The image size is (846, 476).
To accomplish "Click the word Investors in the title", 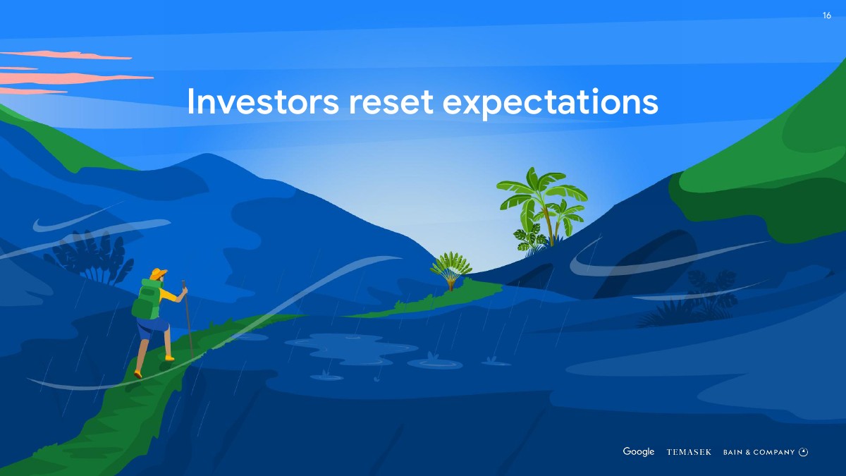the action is pos(263,101).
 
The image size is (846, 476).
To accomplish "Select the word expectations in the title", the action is pos(551,103).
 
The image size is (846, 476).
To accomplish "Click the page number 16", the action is pos(827,16).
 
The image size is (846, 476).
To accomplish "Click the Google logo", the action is pos(639,452).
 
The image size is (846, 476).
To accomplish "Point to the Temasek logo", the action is pos(689,452).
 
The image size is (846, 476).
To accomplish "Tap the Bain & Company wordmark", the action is pos(759,452).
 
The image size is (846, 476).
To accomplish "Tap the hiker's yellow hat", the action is pos(158,273).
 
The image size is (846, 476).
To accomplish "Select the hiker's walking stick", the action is pos(188,319).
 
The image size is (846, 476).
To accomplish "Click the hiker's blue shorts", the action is pos(152,327).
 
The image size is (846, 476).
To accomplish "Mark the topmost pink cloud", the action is pos(66,55).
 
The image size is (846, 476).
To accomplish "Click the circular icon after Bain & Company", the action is pos(804,452).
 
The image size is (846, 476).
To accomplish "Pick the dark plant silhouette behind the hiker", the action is pos(90,257).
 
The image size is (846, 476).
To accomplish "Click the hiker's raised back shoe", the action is pos(138,374).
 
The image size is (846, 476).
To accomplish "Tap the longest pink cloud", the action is pos(75,78).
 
